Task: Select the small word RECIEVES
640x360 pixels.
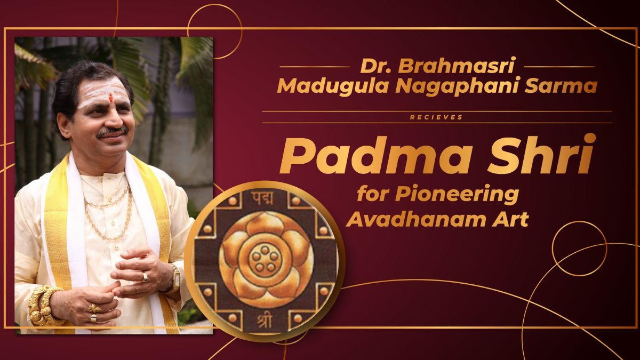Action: [x=437, y=117]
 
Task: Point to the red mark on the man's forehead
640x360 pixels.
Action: [x=111, y=98]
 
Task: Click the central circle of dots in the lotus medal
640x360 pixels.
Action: [x=265, y=258]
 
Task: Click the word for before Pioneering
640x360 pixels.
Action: [x=370, y=195]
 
